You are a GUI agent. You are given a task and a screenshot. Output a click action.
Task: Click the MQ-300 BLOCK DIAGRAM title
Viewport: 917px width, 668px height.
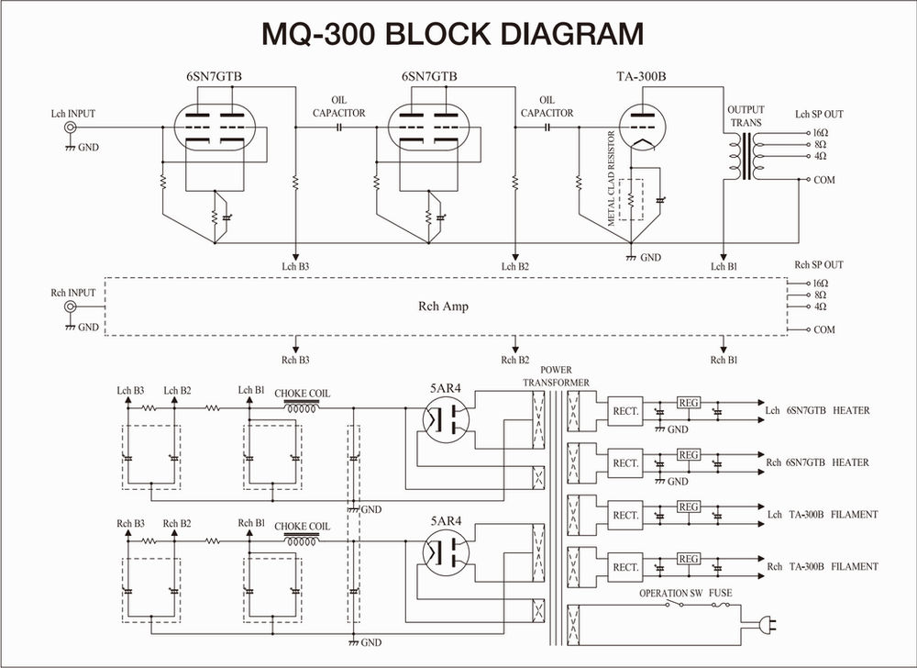[x=452, y=34]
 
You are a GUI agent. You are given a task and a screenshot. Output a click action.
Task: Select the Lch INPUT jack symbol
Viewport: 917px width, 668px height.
[x=69, y=130]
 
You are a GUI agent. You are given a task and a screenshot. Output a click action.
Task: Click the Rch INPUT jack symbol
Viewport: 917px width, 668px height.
[x=69, y=309]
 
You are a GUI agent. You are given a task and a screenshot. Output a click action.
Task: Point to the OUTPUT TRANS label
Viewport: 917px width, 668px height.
[x=745, y=116]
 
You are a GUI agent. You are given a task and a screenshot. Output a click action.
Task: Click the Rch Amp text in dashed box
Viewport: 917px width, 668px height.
[x=449, y=306]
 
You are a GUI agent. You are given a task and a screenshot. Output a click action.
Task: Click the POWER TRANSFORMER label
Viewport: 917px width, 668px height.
[x=557, y=376]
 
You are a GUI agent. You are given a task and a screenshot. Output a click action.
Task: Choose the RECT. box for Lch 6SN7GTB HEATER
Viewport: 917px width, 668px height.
[x=625, y=411]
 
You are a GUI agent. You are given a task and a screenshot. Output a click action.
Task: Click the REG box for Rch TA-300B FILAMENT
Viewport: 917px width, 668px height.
[x=689, y=559]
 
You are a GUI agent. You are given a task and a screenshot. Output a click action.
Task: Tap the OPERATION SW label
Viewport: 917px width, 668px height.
[x=669, y=594]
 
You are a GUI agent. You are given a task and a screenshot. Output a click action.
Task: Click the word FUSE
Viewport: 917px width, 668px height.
[x=720, y=594]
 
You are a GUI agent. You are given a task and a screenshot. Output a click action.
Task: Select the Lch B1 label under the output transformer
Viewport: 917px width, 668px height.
[x=724, y=266]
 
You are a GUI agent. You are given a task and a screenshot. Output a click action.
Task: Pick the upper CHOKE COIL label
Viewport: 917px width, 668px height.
[x=303, y=394]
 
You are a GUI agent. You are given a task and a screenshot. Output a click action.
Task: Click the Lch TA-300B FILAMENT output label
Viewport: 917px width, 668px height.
[x=821, y=516]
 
